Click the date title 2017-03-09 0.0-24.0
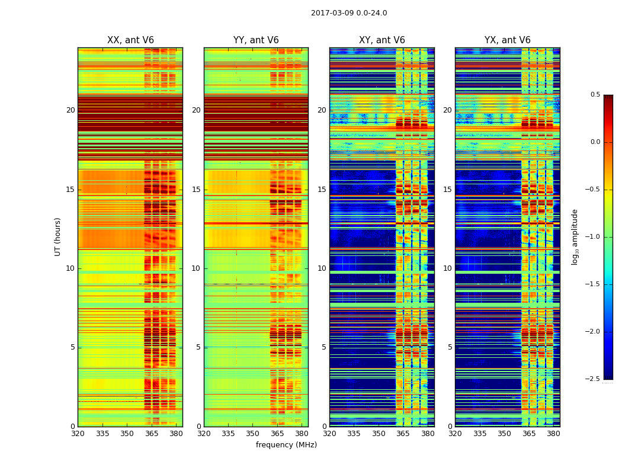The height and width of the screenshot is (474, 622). (349, 13)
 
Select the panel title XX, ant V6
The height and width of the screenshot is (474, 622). (130, 40)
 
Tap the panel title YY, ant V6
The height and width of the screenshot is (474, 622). (256, 40)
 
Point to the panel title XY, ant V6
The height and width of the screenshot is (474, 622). (382, 40)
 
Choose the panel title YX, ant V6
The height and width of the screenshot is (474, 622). (508, 40)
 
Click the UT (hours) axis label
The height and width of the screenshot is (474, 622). (58, 236)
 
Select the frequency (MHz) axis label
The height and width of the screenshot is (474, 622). (286, 445)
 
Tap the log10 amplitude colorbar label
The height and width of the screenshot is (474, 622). (575, 236)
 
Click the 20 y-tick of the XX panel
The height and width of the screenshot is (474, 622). (70, 110)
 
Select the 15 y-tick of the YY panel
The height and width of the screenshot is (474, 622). (196, 190)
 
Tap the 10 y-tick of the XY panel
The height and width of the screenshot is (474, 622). (322, 268)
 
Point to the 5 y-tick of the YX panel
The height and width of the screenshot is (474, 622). (450, 347)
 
